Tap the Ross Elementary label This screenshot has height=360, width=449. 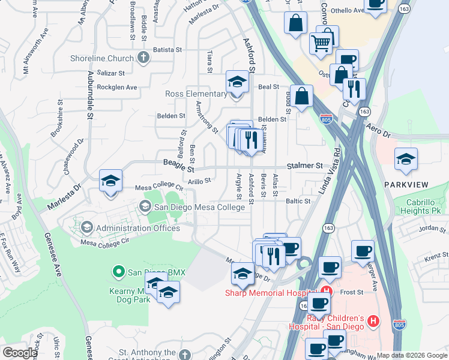tap(196, 94)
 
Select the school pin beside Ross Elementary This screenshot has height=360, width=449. tap(237, 82)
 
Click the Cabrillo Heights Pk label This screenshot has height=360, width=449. tap(423, 207)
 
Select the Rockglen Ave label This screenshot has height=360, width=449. tap(117, 87)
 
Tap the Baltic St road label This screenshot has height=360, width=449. tap(298, 202)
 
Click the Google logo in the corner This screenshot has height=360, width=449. tap(20, 353)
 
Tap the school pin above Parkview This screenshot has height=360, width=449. tap(406, 159)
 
